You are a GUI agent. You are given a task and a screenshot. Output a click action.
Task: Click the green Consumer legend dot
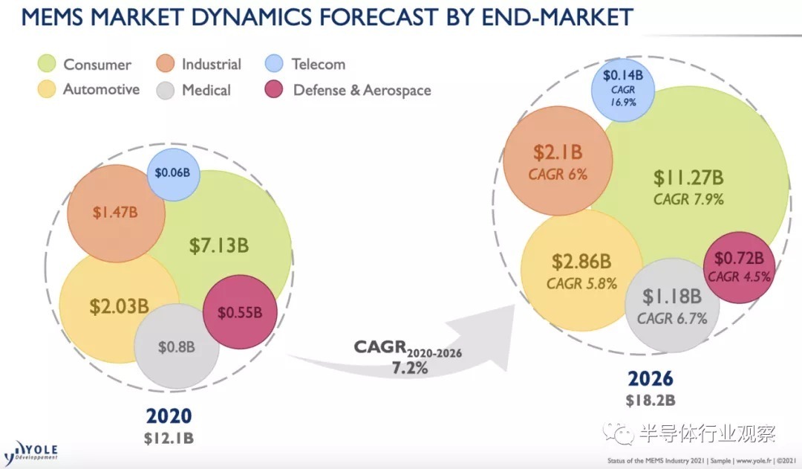tap(48, 64)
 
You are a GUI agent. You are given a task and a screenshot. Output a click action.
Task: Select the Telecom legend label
tap(318, 64)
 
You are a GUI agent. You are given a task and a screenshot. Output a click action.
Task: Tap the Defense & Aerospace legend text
tap(362, 90)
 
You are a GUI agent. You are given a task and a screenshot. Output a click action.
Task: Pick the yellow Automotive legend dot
tap(48, 90)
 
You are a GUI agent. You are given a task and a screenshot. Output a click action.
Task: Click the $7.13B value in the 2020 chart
tap(218, 246)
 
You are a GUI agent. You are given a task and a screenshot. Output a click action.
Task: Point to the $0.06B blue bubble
tap(172, 173)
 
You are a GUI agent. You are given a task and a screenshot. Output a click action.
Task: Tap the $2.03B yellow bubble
tap(119, 305)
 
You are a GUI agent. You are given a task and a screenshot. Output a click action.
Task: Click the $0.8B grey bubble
tap(177, 346)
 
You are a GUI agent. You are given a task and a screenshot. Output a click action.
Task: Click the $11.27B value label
tap(688, 178)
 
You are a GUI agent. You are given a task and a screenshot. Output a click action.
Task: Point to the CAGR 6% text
tap(558, 175)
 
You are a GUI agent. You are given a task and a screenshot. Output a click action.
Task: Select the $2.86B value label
tap(581, 262)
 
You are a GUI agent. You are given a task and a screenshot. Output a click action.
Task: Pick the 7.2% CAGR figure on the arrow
tap(409, 366)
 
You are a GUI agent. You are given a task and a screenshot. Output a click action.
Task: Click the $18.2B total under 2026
tap(650, 401)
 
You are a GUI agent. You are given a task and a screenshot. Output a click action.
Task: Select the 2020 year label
tap(169, 415)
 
